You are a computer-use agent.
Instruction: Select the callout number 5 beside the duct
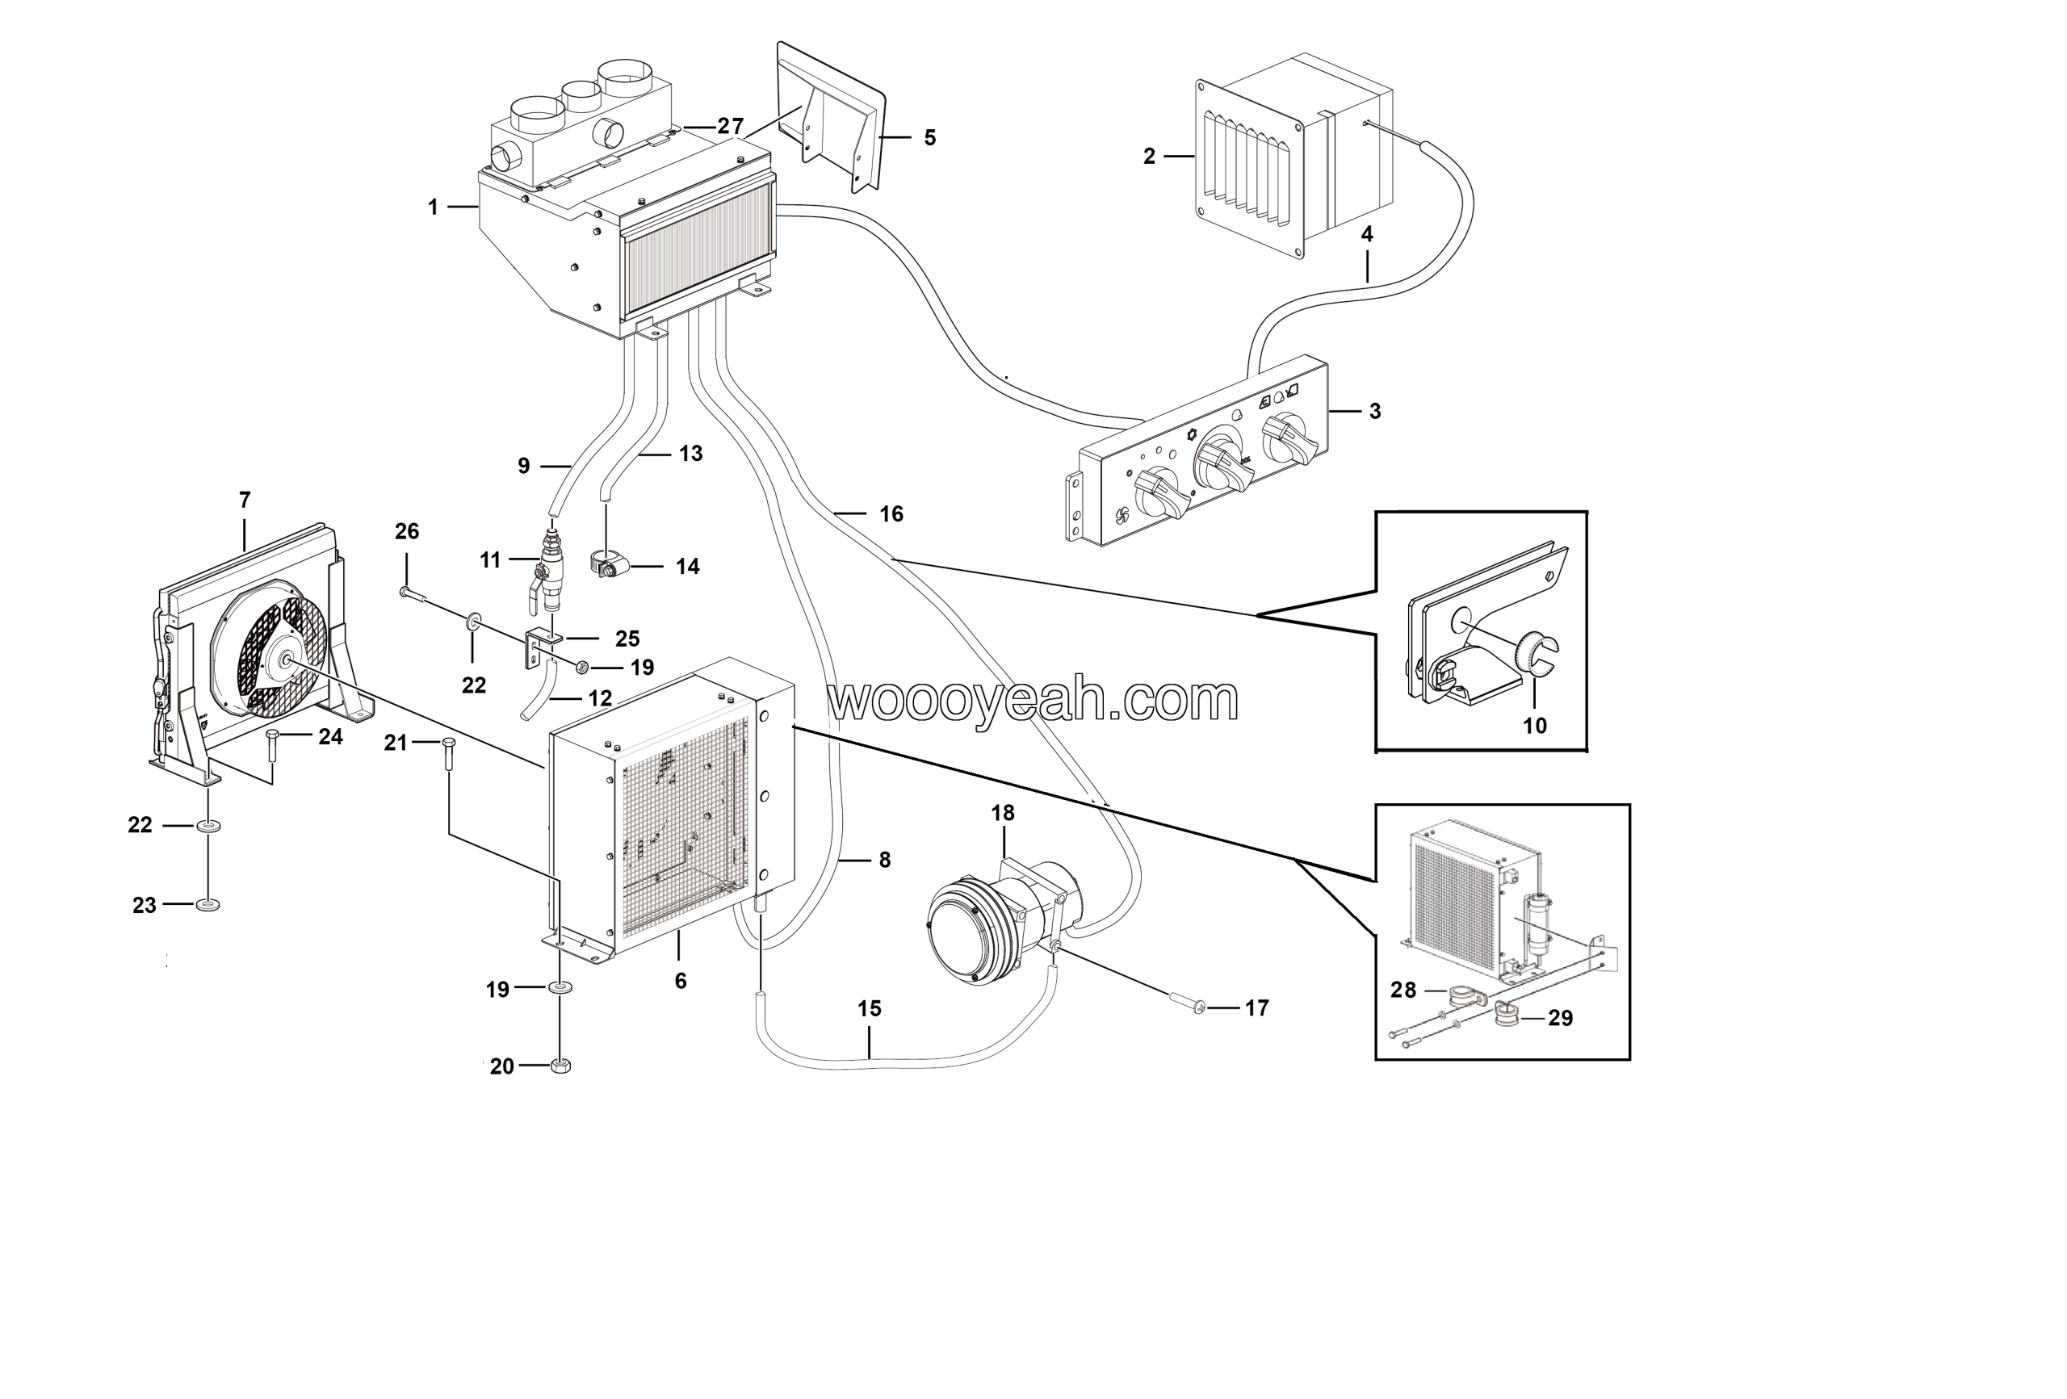(929, 138)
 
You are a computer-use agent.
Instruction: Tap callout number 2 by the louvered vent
(1149, 157)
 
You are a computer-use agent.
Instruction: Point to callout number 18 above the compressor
(1002, 812)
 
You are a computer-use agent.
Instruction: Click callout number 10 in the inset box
(1534, 725)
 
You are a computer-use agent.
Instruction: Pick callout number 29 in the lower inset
(1560, 1018)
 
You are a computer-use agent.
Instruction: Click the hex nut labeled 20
(560, 1065)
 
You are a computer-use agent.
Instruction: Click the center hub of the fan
(287, 659)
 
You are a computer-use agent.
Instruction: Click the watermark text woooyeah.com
(1032, 701)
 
